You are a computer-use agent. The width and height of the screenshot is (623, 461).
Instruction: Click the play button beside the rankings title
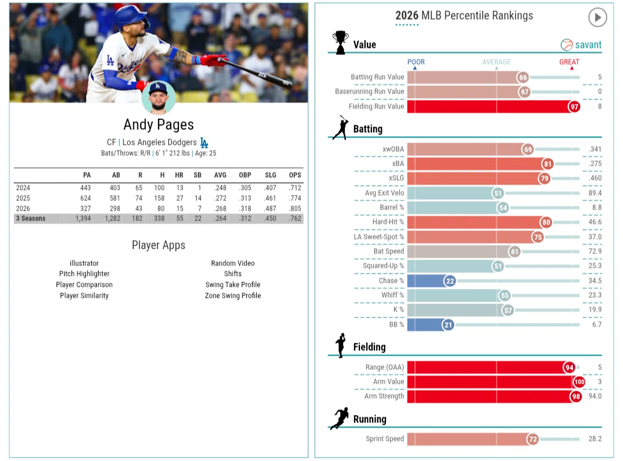[x=597, y=17]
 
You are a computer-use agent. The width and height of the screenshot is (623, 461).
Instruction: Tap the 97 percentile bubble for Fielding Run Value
[x=574, y=107]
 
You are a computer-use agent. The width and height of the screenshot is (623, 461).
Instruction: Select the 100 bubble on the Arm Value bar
[x=579, y=382]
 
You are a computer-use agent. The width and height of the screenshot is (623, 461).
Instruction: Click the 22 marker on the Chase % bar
[x=450, y=281]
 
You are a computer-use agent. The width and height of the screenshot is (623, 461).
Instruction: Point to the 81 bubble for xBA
[x=547, y=164]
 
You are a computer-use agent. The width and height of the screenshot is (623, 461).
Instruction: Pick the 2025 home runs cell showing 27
[x=179, y=198]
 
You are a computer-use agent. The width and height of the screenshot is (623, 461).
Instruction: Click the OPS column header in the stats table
[x=295, y=175]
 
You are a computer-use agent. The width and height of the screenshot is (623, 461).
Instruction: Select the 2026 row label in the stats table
[x=23, y=208]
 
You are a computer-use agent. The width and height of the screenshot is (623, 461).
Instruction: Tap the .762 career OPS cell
[x=295, y=218]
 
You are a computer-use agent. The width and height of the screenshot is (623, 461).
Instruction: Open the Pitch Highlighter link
[x=84, y=273]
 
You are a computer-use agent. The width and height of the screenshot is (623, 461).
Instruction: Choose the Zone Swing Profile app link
[x=233, y=295]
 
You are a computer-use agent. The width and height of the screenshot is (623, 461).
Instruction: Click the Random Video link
[x=233, y=263]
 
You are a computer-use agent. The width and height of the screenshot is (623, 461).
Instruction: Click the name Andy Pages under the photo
[x=159, y=125]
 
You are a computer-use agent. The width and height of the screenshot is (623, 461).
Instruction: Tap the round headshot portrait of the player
[x=158, y=98]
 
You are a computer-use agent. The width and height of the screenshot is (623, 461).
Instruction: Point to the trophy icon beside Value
[x=340, y=43]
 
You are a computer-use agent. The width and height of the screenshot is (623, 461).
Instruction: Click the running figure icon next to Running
[x=340, y=418]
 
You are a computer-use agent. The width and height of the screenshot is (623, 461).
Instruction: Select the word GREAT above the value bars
[x=569, y=62]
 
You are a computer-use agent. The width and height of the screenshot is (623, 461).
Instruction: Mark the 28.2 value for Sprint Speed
[x=595, y=438]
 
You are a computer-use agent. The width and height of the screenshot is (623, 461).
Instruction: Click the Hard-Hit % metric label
[x=388, y=222]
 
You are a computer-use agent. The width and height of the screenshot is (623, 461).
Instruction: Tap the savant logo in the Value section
[x=581, y=45]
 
